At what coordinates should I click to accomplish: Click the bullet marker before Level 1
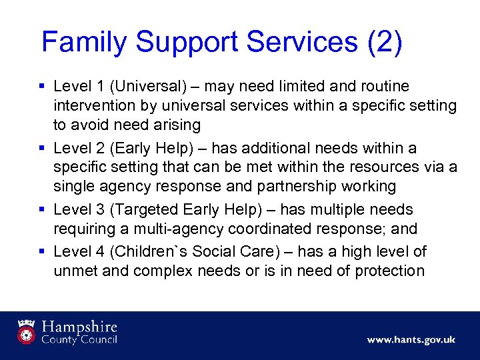(x=42, y=87)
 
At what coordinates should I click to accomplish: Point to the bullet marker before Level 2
(x=42, y=148)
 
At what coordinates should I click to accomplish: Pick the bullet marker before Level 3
(x=42, y=210)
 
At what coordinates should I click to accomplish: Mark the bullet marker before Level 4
(x=42, y=251)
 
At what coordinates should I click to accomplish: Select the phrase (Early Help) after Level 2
(x=149, y=148)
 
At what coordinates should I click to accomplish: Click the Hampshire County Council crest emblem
(x=27, y=331)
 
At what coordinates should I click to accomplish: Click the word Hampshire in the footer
(x=79, y=327)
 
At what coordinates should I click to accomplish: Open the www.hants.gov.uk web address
(x=411, y=339)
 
